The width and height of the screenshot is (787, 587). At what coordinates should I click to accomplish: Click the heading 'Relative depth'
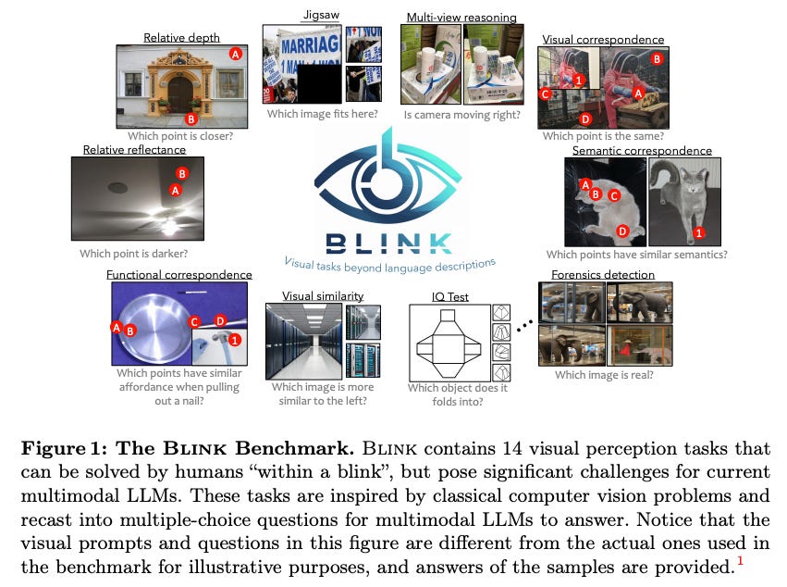pos(181,38)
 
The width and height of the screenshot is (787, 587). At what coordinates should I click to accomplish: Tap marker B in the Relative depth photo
pos(191,119)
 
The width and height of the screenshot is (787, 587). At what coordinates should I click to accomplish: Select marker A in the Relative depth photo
pos(236,55)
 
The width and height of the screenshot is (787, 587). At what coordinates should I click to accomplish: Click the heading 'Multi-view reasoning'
pos(461,17)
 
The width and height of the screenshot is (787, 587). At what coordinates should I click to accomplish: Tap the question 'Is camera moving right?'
pos(461,115)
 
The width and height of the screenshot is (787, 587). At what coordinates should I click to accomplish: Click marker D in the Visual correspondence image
pos(584,119)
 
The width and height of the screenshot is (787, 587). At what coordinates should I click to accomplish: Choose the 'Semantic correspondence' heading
pos(642,150)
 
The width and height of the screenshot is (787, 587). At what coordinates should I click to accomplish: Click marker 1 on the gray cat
pos(698,232)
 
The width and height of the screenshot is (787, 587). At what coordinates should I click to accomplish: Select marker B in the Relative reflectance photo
pos(182,173)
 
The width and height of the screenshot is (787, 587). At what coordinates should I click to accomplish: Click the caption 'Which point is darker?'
pos(133,253)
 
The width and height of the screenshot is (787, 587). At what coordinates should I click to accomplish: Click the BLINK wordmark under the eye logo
pos(388,243)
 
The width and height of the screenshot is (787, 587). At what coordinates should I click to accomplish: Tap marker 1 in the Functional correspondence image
pos(235,341)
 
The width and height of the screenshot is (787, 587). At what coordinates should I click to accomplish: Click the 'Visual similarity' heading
pos(322,295)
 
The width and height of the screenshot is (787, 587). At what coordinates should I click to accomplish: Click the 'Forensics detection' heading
pos(602,274)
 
